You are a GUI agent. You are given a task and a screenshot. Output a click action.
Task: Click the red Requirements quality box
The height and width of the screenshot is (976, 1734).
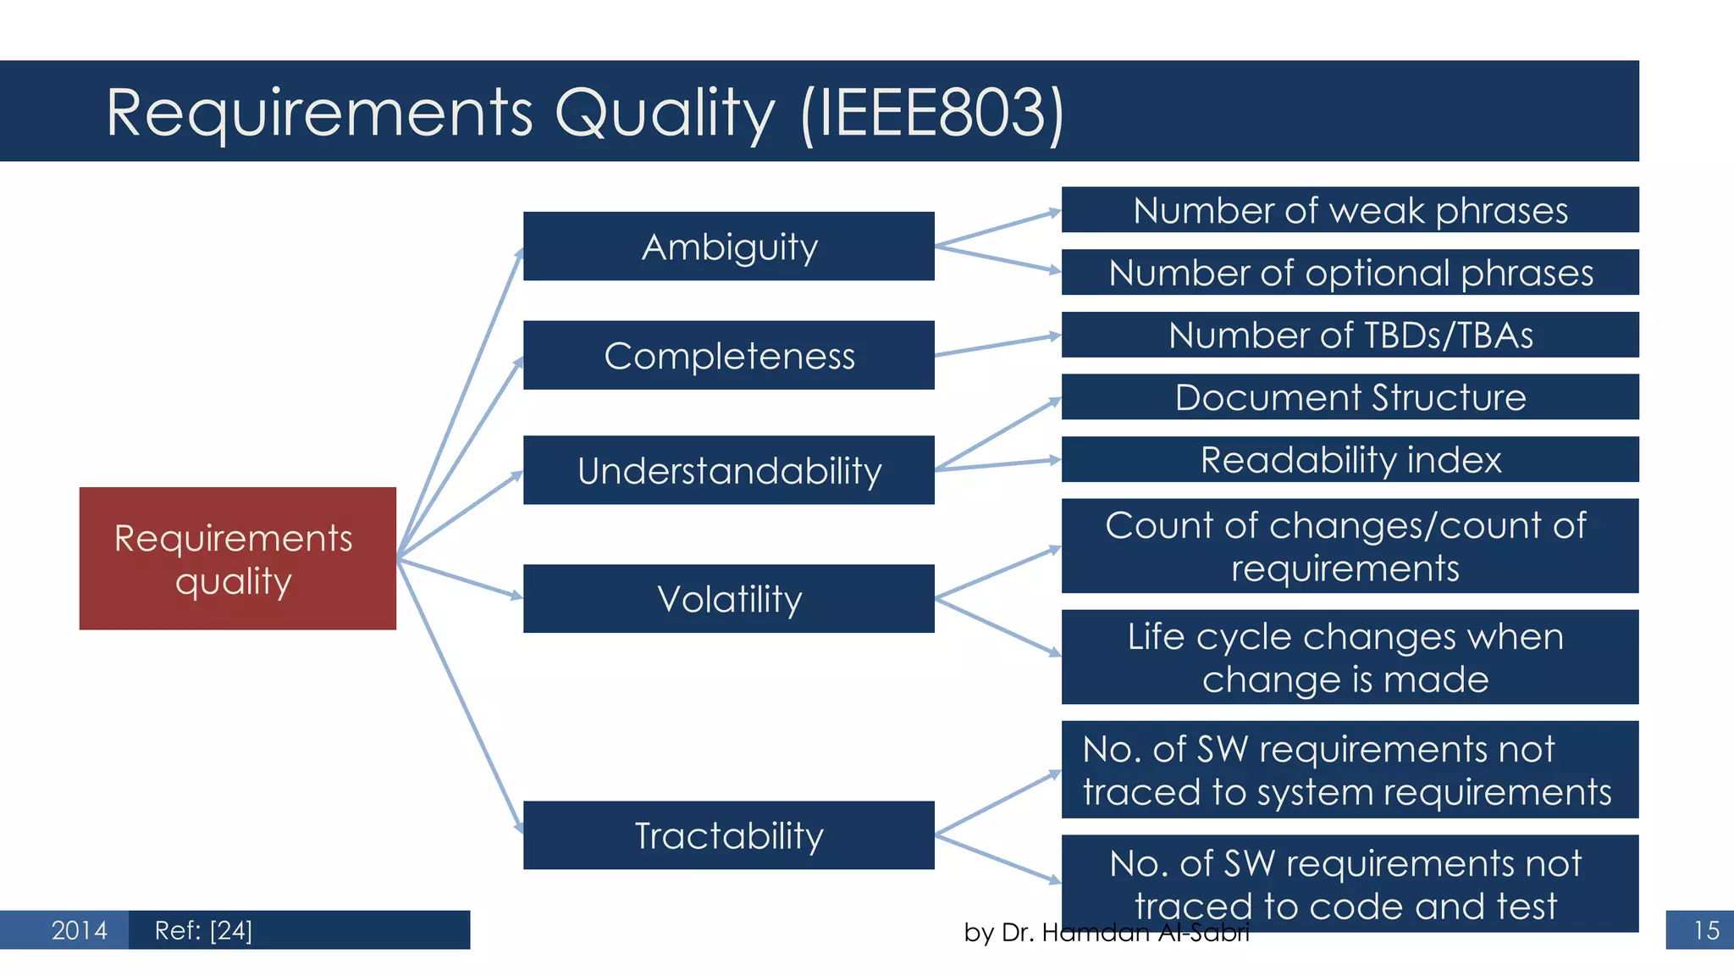(x=237, y=558)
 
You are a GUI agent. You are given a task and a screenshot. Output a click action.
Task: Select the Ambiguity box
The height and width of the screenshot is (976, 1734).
(x=728, y=247)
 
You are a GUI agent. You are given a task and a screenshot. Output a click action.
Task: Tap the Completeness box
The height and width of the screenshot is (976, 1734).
(x=728, y=355)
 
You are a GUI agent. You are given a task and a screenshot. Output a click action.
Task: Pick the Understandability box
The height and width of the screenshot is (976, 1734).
(x=728, y=470)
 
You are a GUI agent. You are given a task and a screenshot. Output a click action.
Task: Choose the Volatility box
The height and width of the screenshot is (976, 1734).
(x=728, y=599)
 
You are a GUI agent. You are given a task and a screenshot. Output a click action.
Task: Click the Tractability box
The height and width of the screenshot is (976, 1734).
(x=728, y=835)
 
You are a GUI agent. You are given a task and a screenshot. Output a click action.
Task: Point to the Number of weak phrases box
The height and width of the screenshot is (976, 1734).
(x=1350, y=210)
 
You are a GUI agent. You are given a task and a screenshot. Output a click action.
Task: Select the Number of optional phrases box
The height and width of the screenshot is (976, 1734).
(x=1350, y=273)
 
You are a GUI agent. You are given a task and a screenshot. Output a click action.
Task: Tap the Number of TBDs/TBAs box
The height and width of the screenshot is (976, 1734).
(x=1350, y=335)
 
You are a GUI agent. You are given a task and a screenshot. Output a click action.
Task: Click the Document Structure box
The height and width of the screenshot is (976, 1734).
(x=1350, y=397)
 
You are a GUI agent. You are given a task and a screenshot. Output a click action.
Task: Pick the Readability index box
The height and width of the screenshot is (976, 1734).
(x=1350, y=460)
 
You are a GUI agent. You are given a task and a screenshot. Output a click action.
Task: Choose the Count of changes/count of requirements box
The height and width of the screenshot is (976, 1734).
(x=1350, y=546)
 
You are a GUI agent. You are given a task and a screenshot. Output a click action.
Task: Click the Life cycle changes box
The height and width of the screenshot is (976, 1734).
(x=1350, y=657)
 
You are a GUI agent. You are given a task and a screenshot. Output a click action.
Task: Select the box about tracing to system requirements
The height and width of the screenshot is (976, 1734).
(x=1350, y=770)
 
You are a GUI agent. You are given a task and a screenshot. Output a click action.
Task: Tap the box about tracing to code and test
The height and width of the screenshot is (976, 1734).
(x=1350, y=881)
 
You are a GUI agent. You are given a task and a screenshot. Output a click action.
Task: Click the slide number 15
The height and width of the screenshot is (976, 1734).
(x=1705, y=930)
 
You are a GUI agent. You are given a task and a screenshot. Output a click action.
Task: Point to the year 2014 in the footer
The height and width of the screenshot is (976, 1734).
(x=79, y=930)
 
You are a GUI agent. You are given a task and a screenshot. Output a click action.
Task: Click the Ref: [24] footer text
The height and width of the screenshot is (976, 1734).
(x=203, y=930)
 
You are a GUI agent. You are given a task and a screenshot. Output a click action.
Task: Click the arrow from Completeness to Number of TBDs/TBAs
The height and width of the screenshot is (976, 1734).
(x=997, y=346)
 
